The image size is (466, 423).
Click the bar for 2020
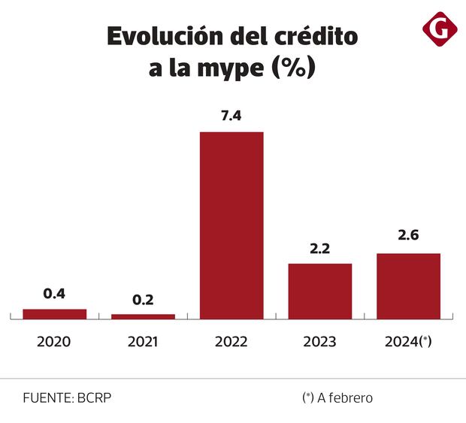pyautogui.click(x=54, y=314)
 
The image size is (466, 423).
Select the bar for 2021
pyautogui.click(x=143, y=316)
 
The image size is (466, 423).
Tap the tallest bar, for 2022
pyautogui.click(x=231, y=225)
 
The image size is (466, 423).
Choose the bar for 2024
pyautogui.click(x=408, y=286)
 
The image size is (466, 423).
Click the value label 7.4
pyautogui.click(x=231, y=117)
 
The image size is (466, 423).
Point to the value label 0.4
pyautogui.click(x=54, y=294)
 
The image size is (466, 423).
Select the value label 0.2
pyautogui.click(x=143, y=300)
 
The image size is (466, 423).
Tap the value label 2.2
pyautogui.click(x=320, y=249)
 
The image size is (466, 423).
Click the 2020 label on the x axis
pyautogui.click(x=54, y=341)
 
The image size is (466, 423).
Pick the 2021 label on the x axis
pyautogui.click(x=143, y=341)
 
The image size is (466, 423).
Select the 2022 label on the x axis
pyautogui.click(x=231, y=341)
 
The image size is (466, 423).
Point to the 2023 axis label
pyautogui.click(x=320, y=341)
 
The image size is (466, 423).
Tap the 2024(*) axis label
pyautogui.click(x=408, y=341)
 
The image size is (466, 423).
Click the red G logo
pyautogui.click(x=440, y=31)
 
